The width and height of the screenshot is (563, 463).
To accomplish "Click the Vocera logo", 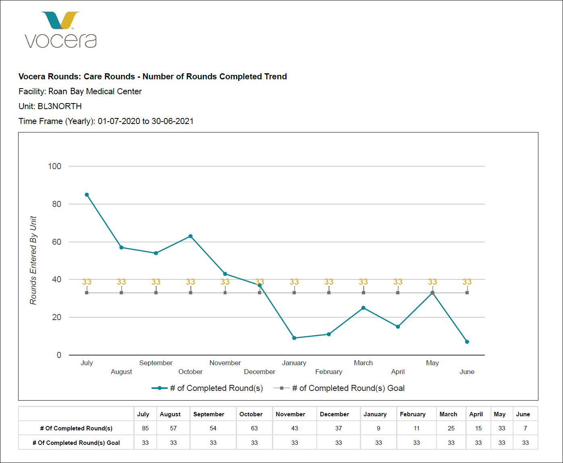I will click(60, 30).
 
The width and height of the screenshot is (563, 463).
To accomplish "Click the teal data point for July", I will click(87, 195).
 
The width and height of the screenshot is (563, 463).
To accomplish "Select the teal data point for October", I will click(191, 236).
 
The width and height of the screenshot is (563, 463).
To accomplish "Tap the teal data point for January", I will click(294, 338).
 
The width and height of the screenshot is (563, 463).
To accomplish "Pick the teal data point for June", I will click(467, 342).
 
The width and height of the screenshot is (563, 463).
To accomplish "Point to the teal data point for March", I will click(364, 308).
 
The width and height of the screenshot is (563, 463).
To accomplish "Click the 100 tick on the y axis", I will click(54, 166).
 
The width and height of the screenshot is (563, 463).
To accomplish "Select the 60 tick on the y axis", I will click(56, 242).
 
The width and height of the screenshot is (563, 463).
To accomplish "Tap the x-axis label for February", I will click(329, 372).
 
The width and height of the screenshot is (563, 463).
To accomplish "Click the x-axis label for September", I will click(156, 363).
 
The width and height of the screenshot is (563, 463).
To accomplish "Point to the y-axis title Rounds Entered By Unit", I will click(33, 260).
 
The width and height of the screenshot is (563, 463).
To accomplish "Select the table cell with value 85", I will click(145, 428).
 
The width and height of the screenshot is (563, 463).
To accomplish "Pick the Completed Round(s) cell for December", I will click(339, 428).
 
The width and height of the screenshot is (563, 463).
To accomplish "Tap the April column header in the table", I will click(476, 414).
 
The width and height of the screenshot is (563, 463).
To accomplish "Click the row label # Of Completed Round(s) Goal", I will click(76, 443).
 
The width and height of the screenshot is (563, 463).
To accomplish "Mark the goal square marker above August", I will click(121, 293).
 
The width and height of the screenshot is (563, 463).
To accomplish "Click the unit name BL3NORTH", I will click(60, 106).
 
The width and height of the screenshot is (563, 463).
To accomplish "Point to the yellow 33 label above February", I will click(329, 282).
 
